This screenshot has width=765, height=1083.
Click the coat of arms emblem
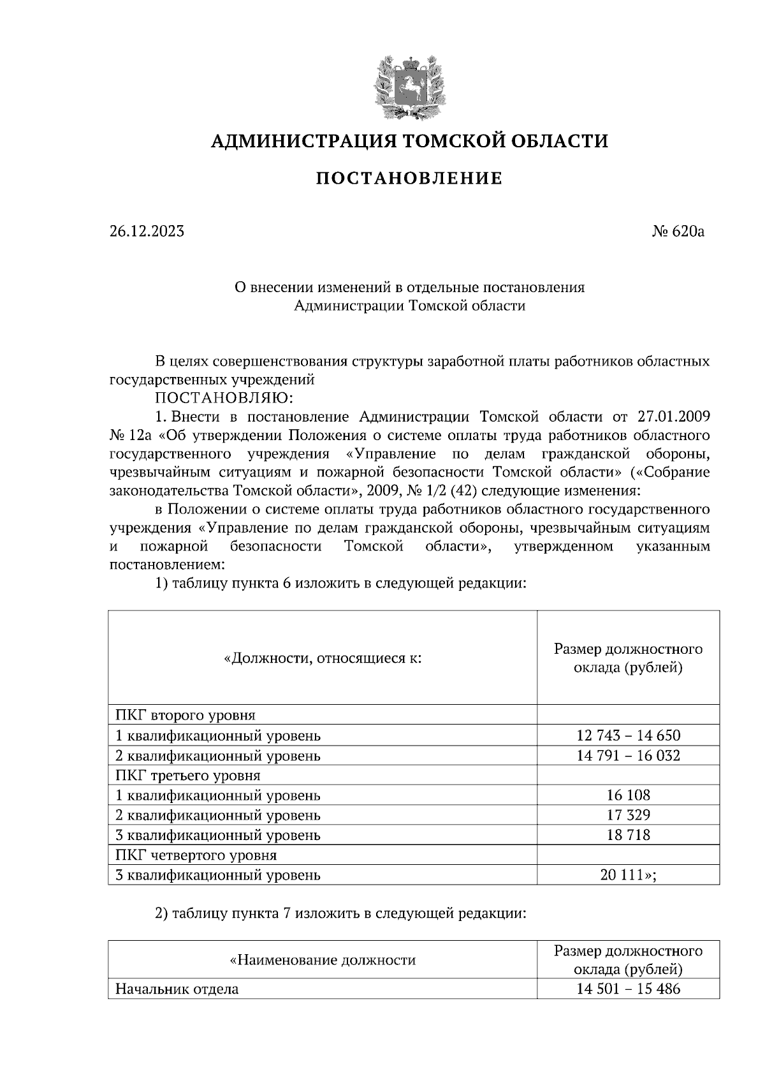(x=409, y=87)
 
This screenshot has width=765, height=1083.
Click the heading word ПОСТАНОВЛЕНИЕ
(x=409, y=179)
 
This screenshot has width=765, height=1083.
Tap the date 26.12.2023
(x=147, y=232)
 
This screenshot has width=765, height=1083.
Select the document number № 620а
(x=678, y=232)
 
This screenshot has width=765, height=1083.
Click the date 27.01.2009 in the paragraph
(x=673, y=417)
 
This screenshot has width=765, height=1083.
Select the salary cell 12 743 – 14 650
(x=628, y=735)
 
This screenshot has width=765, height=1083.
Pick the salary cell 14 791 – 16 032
(x=628, y=756)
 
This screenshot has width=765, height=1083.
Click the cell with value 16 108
(x=628, y=795)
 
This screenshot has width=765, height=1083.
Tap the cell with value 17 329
(x=628, y=815)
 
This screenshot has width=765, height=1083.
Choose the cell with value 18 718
(x=628, y=835)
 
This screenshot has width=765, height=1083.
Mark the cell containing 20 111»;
(x=628, y=875)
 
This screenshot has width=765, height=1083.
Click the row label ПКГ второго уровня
(x=185, y=715)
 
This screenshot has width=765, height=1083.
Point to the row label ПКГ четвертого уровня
(x=196, y=855)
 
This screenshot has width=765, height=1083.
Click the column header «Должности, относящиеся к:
(x=323, y=658)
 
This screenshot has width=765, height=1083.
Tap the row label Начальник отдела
(x=177, y=989)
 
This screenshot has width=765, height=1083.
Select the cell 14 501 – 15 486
(x=628, y=989)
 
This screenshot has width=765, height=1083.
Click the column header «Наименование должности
(x=323, y=960)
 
